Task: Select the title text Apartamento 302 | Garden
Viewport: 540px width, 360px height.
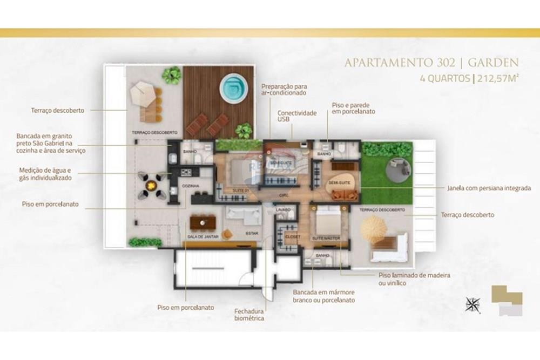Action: click(x=431, y=63)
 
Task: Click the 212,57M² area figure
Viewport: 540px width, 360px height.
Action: click(x=498, y=78)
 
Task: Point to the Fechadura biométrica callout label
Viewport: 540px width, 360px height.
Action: click(x=249, y=315)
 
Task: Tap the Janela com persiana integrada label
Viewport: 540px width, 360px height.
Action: click(x=489, y=188)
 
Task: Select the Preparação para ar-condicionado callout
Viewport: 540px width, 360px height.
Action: click(x=284, y=89)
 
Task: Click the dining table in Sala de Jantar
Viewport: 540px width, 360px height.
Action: click(x=204, y=222)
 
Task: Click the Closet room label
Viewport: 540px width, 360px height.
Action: click(x=292, y=236)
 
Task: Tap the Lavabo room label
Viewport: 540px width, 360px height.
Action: click(x=283, y=209)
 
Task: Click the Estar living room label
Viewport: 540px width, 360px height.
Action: click(x=252, y=234)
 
